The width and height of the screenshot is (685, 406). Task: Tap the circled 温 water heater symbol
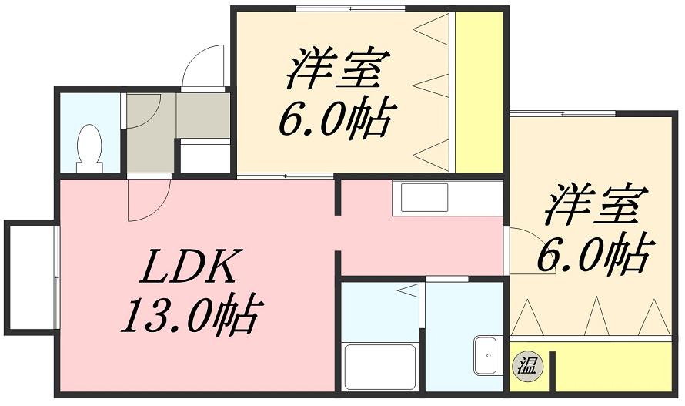(x=528, y=364)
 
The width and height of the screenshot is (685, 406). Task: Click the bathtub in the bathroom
(x=380, y=367)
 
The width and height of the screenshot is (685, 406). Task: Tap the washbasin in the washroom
(x=486, y=357)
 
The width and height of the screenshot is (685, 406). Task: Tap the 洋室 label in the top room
(x=335, y=69)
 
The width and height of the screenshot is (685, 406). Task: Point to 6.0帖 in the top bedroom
(x=335, y=119)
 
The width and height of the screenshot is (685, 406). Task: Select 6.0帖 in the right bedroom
(x=593, y=254)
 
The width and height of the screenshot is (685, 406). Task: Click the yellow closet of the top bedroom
(x=478, y=92)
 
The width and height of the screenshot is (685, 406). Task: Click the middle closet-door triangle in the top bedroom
(x=432, y=86)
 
